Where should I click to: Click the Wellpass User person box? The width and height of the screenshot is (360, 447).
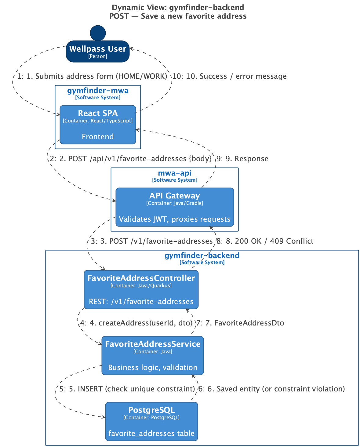(98, 51)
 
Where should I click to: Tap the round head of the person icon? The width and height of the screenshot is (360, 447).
(98, 33)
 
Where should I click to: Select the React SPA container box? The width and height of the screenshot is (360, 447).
(98, 125)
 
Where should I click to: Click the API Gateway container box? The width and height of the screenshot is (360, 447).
(175, 207)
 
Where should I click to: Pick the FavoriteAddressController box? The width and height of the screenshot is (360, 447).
(141, 289)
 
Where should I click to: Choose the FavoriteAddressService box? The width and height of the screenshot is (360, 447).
(153, 355)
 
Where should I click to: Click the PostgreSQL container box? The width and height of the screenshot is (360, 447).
(152, 421)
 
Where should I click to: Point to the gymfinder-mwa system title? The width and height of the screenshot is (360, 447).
(98, 91)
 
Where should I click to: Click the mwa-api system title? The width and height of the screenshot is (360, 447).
(175, 173)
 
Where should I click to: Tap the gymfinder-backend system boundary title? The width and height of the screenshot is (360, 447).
(202, 255)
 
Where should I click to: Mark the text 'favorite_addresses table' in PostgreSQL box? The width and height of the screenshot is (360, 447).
(151, 434)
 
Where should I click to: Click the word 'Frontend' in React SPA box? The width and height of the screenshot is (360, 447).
(98, 137)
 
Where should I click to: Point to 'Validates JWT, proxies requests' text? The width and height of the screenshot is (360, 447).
(174, 219)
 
